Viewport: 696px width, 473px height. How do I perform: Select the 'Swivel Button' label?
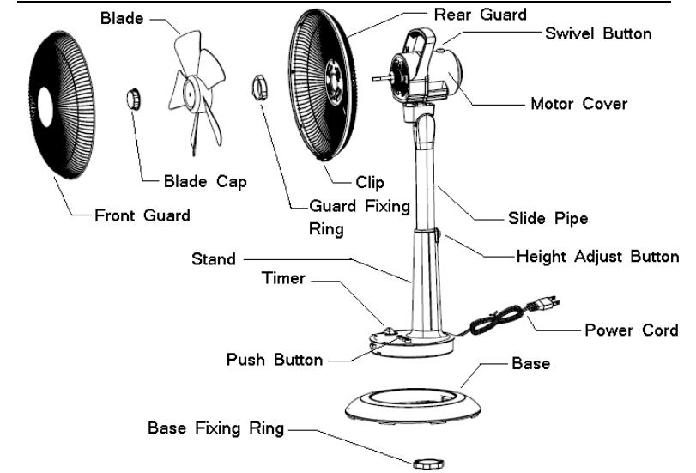pos(598,34)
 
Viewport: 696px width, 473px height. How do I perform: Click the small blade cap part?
pos(131,98)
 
